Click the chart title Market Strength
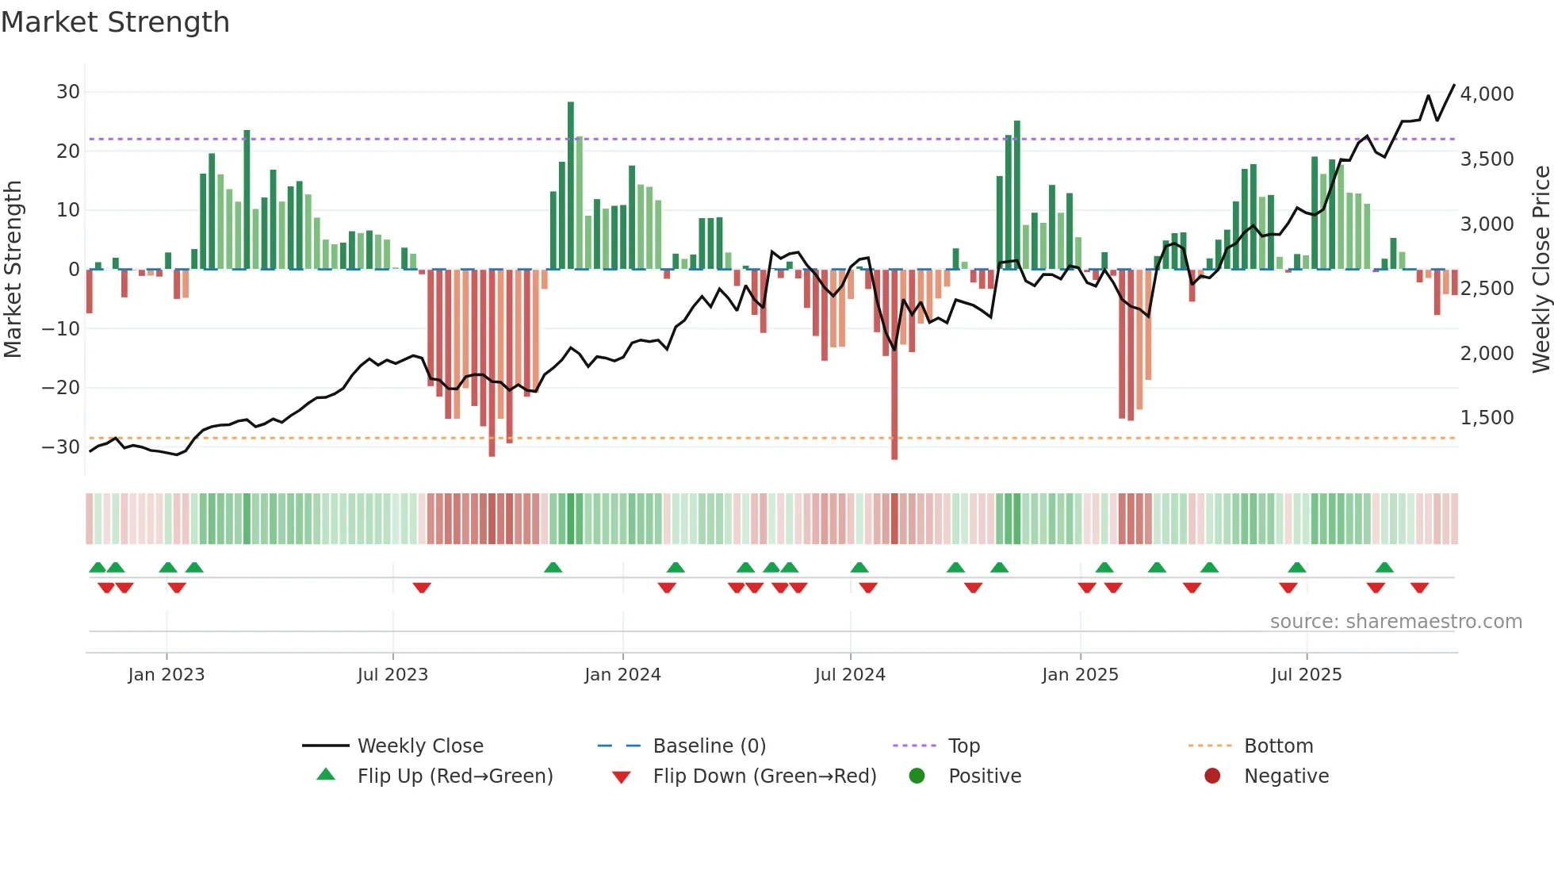[115, 22]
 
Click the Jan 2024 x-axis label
[622, 675]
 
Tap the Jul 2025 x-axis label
[1306, 675]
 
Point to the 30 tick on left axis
[68, 92]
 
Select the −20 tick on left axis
[62, 388]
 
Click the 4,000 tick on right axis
[1487, 94]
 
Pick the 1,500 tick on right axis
[1487, 418]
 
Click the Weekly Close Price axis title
[1541, 270]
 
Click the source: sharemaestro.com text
[1395, 622]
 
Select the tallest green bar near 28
[571, 185]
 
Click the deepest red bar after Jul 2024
[894, 365]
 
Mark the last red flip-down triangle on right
[1419, 588]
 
